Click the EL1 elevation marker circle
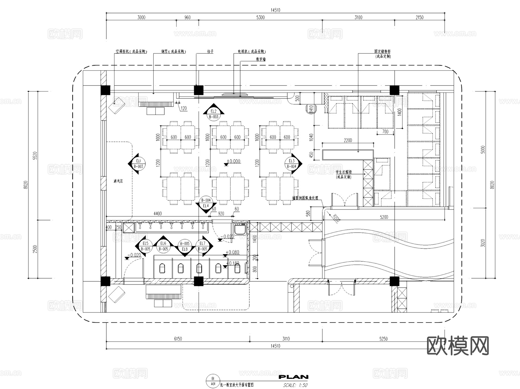[138, 164]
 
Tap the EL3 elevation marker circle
[291, 164]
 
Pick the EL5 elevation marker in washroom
[145, 246]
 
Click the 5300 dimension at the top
[260, 17]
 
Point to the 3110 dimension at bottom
[286, 339]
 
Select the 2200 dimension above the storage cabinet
[348, 140]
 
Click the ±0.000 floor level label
[233, 161]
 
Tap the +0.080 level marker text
[233, 252]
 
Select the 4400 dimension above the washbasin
[157, 214]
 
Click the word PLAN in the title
[293, 377]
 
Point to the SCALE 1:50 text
[295, 385]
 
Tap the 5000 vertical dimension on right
[483, 150]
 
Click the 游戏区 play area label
[118, 181]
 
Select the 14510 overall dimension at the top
[275, 10]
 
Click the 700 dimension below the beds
[385, 132]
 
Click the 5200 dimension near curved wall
[384, 217]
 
